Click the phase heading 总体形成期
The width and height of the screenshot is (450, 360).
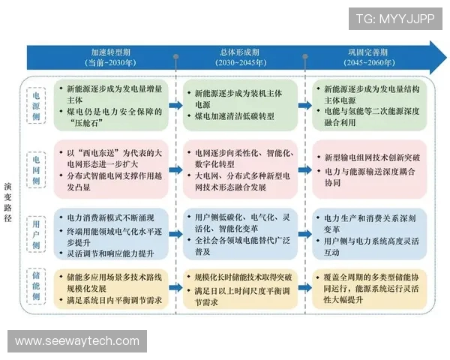coord(238,52)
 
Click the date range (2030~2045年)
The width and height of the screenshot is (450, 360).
coord(238,63)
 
